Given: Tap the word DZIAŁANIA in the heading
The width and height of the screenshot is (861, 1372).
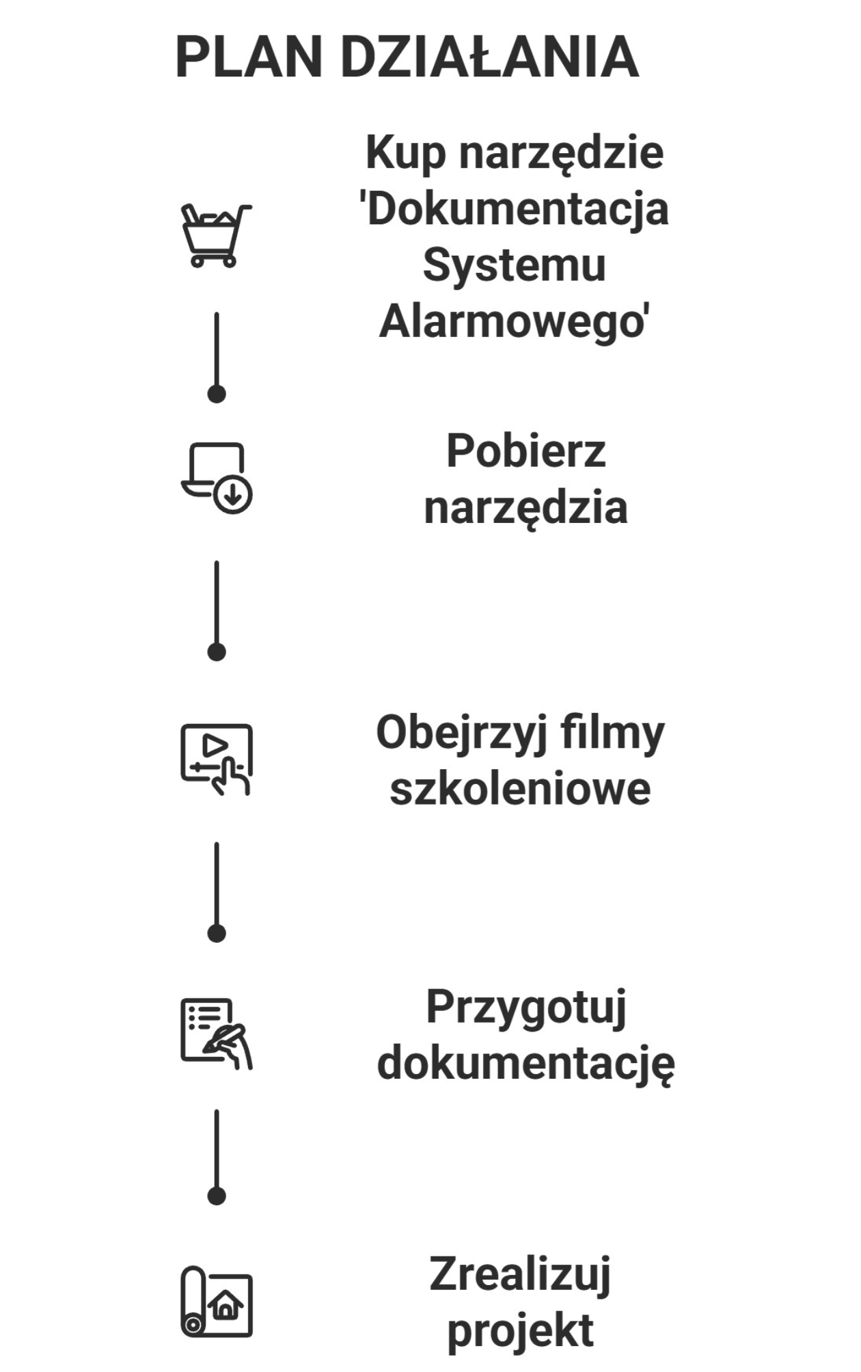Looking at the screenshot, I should (x=489, y=58).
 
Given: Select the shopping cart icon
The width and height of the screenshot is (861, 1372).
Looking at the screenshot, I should (x=216, y=234).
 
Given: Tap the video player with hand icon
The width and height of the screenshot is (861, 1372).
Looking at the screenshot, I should (x=216, y=759).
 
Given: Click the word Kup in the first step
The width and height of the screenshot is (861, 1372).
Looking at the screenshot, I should (x=405, y=153).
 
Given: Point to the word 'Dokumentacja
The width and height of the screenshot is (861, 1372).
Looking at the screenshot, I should (x=514, y=209).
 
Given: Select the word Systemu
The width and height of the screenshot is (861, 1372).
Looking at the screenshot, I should (x=514, y=265).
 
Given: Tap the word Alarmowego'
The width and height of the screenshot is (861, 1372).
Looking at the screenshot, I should (x=514, y=321).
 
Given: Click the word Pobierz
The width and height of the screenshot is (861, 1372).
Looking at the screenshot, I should (x=525, y=451).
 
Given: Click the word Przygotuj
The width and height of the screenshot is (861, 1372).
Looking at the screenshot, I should (x=525, y=1008).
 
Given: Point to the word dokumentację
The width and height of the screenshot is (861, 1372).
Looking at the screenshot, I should (x=525, y=1064).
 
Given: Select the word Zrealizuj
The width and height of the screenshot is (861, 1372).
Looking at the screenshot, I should (x=520, y=1275).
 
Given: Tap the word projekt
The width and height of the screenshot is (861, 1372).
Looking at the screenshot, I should (x=520, y=1331).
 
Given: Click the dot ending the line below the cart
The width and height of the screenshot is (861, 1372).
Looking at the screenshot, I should (x=217, y=394).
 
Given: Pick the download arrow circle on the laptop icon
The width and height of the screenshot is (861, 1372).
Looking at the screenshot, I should (x=233, y=495).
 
